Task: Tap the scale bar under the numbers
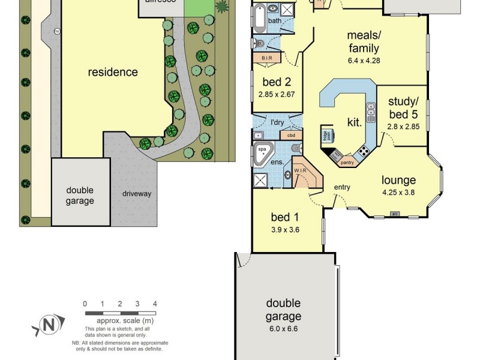coord(120,313)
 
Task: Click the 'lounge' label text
coord(399,180)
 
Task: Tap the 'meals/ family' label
coord(364,41)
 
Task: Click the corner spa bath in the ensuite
coord(262,154)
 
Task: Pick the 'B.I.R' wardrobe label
coord(267,58)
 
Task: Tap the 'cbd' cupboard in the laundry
coord(292,135)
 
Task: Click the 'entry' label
coord(342,188)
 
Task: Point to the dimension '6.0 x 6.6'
coord(284,329)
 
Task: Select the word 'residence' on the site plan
coord(113,73)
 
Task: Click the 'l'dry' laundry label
coord(277,123)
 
